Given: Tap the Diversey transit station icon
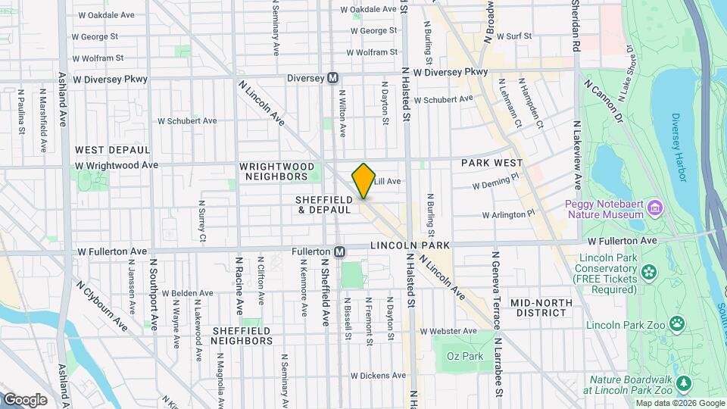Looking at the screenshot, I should (x=332, y=78).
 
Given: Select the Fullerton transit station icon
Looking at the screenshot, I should (x=340, y=251).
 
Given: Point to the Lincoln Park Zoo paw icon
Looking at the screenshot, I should (x=676, y=325).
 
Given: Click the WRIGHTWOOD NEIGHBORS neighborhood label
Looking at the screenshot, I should (x=274, y=171).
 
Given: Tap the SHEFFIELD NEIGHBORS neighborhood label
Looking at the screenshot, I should (x=242, y=336).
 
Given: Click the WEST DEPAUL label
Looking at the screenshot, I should (x=113, y=150).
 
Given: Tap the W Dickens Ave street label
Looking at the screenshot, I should (x=378, y=375).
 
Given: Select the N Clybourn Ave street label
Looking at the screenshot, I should (x=101, y=305).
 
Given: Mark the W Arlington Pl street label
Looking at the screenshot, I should (x=509, y=214).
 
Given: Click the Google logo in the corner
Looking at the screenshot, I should (x=24, y=400).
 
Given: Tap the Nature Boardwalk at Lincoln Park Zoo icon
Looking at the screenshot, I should (x=685, y=383).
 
